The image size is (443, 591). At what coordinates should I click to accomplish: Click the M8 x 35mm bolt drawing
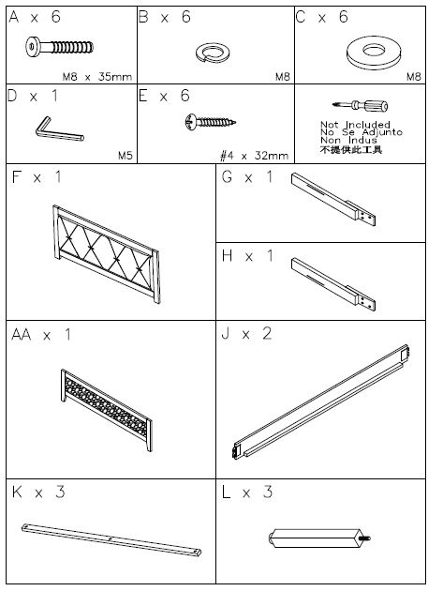(59, 47)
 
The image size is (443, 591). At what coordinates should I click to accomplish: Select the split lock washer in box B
(213, 53)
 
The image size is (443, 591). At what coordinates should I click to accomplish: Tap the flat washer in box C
(374, 53)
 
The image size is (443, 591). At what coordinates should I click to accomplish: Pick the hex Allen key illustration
(58, 129)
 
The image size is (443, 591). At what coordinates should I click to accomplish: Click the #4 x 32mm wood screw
(210, 121)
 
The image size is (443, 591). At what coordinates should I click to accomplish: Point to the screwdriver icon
(360, 105)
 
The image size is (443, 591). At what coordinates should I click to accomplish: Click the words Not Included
(355, 124)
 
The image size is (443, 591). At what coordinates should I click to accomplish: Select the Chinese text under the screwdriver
(351, 150)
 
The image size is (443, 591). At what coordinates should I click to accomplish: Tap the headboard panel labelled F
(106, 253)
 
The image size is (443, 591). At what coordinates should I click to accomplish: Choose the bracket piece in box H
(333, 284)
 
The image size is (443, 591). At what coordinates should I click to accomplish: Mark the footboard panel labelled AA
(107, 409)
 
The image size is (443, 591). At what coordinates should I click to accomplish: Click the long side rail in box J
(320, 402)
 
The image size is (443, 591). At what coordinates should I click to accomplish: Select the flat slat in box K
(111, 539)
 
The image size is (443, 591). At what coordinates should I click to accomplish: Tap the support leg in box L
(319, 538)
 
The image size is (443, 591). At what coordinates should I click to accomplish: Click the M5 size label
(126, 156)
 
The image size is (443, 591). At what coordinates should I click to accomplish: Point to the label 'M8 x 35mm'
(97, 77)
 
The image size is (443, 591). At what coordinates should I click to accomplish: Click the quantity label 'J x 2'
(246, 334)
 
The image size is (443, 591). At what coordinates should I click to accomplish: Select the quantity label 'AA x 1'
(41, 334)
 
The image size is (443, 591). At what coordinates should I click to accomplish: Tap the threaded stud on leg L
(364, 538)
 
